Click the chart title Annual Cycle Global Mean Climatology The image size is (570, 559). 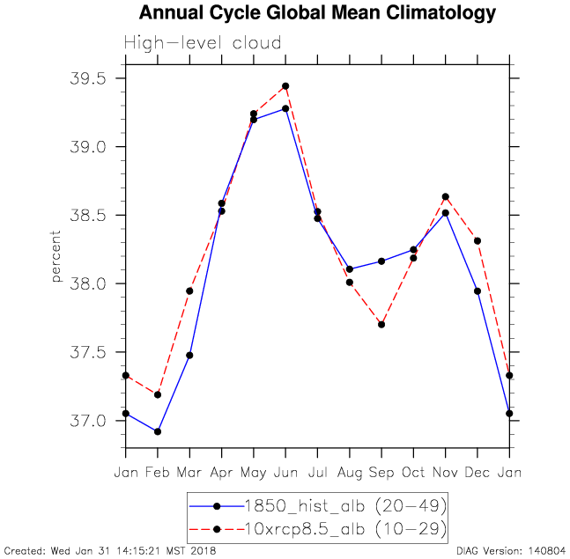pyautogui.click(x=317, y=13)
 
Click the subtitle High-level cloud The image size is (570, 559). pyautogui.click(x=203, y=43)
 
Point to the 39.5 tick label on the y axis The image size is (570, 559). pyautogui.click(x=87, y=78)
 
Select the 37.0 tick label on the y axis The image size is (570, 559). pyautogui.click(x=87, y=421)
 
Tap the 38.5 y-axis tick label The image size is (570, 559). pyautogui.click(x=87, y=216)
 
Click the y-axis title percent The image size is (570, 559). pyautogui.click(x=56, y=256)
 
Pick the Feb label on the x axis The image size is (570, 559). pyautogui.click(x=158, y=472)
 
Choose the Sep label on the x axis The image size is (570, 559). pyautogui.click(x=381, y=472)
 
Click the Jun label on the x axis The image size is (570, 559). pyautogui.click(x=285, y=472)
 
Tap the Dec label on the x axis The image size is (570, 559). pyautogui.click(x=477, y=472)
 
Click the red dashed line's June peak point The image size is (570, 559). pyautogui.click(x=285, y=86)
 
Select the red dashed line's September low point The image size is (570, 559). pyautogui.click(x=381, y=324)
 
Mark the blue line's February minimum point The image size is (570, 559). pyautogui.click(x=158, y=431)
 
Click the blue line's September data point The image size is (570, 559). pyautogui.click(x=381, y=261)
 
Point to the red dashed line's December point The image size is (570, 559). pyautogui.click(x=477, y=240)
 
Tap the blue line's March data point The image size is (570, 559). pyautogui.click(x=189, y=355)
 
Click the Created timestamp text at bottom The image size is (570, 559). pyautogui.click(x=110, y=551)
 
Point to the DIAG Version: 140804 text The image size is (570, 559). pyautogui.click(x=511, y=551)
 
